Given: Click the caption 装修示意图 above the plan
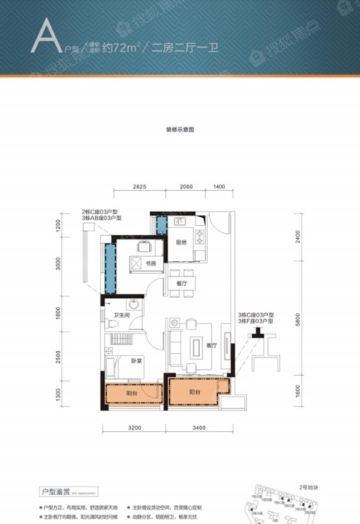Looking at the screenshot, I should click(x=180, y=130).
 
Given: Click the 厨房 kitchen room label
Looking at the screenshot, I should click(x=180, y=242).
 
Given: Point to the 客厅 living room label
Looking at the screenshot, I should click(x=210, y=345).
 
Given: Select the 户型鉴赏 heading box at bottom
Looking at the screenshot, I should click(x=58, y=492).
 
